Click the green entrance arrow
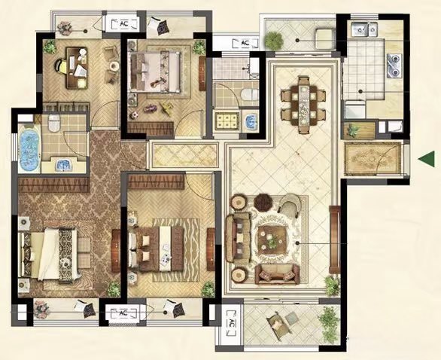click(x=427, y=158)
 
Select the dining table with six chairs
click(x=304, y=105)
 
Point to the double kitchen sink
click(x=364, y=29)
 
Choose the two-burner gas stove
click(x=394, y=66)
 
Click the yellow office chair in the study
click(x=61, y=66)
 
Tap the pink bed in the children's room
click(x=154, y=72)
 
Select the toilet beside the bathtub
click(x=54, y=123)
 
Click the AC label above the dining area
click(x=245, y=43)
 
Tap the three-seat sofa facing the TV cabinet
click(x=239, y=238)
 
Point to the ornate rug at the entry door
click(x=373, y=158)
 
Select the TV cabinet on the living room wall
click(x=335, y=239)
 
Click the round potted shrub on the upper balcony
click(x=274, y=40)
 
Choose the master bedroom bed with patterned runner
click(x=48, y=255)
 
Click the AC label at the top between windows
click(x=124, y=24)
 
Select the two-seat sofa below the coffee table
click(x=277, y=273)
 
